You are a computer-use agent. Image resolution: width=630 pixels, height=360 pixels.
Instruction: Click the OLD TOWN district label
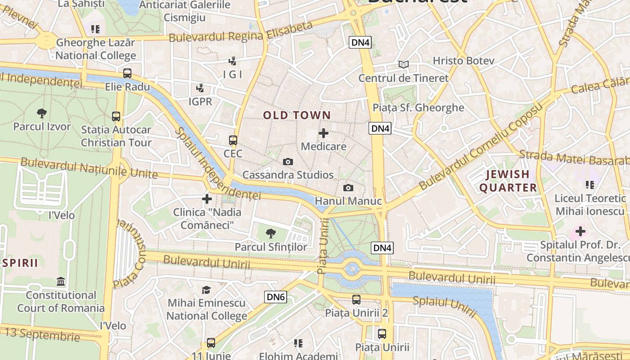[297, 115]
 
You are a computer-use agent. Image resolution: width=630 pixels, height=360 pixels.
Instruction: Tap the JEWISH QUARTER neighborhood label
[508, 181]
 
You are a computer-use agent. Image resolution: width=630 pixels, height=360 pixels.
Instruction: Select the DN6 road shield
[276, 297]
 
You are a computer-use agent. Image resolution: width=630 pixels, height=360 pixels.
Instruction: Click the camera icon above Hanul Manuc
[348, 188]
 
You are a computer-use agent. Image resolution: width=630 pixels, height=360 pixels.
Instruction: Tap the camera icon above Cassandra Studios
[288, 162]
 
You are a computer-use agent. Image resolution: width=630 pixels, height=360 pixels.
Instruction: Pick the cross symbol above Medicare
[324, 133]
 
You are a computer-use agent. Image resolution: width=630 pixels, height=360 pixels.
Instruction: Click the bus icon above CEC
[233, 140]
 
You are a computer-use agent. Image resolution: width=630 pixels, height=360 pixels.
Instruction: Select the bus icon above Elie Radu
[127, 73]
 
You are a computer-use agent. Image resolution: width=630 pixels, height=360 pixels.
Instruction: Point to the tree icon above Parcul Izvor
[42, 113]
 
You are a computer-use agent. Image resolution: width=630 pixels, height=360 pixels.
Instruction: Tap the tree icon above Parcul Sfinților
[270, 234]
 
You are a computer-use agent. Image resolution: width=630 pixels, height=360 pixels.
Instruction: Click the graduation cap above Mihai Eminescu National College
[207, 290]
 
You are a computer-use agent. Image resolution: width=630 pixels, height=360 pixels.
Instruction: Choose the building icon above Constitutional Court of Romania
[61, 282]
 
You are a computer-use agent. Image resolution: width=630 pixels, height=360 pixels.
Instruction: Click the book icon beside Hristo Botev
[404, 65]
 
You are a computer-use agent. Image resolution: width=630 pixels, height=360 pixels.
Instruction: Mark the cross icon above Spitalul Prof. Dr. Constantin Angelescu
[580, 232]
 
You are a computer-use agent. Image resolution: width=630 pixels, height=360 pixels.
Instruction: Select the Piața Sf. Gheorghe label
[418, 108]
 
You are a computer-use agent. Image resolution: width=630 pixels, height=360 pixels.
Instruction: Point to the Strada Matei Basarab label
[574, 158]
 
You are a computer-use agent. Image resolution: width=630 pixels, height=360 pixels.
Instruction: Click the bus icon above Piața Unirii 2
[356, 299]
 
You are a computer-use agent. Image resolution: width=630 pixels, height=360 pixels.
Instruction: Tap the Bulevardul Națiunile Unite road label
[89, 168]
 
